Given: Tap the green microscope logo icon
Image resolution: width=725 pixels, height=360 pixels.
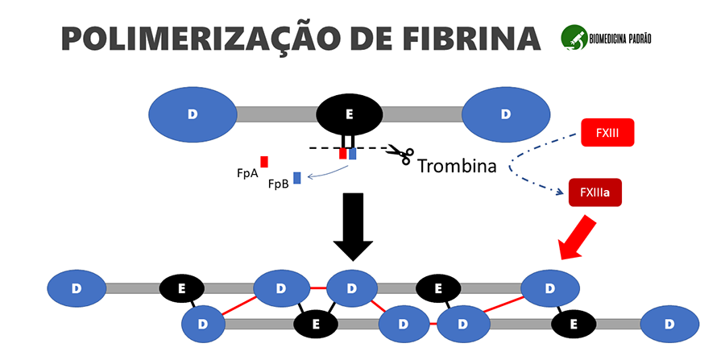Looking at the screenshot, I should pyautogui.click(x=574, y=38).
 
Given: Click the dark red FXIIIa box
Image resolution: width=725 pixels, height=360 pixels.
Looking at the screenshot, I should pyautogui.click(x=594, y=193).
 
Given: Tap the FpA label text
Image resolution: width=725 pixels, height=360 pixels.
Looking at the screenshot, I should pyautogui.click(x=247, y=172).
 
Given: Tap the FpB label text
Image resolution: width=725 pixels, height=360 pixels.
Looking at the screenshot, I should pyautogui.click(x=279, y=185).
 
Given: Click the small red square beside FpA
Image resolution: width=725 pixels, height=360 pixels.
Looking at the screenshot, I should pyautogui.click(x=263, y=161).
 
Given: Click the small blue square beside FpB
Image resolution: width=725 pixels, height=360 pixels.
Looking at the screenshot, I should pyautogui.click(x=297, y=177).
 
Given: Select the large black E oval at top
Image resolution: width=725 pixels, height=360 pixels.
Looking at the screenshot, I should pyautogui.click(x=349, y=114).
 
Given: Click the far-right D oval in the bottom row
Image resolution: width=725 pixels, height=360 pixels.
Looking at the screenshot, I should pyautogui.click(x=669, y=324).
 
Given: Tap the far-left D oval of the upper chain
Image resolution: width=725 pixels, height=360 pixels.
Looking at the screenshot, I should pyautogui.click(x=77, y=288).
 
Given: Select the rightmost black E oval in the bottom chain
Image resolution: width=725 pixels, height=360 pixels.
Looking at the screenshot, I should pyautogui.click(x=574, y=324).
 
